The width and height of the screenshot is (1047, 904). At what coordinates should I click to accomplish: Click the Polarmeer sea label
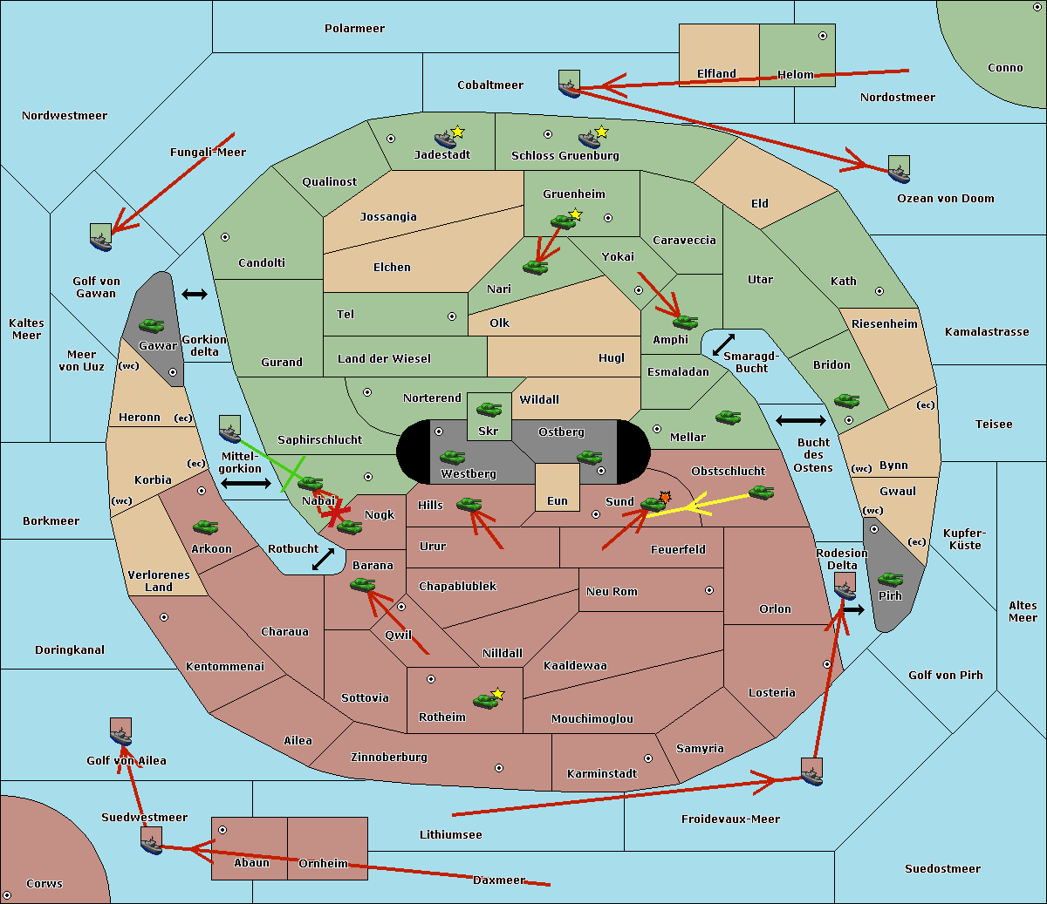click(x=354, y=29)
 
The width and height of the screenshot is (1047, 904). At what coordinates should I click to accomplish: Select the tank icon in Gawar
click(x=152, y=326)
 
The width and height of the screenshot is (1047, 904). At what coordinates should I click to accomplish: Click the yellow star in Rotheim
click(x=498, y=694)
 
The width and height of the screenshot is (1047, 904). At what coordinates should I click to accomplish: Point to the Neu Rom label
click(x=612, y=591)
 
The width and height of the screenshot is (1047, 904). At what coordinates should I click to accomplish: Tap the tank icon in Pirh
click(x=890, y=579)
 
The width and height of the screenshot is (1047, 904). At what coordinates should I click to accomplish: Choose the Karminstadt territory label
click(x=602, y=773)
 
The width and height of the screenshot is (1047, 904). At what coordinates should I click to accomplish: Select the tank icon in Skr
click(x=489, y=408)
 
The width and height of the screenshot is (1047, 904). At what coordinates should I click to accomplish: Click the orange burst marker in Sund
click(x=666, y=497)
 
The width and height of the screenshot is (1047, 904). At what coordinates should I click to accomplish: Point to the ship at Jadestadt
click(x=446, y=139)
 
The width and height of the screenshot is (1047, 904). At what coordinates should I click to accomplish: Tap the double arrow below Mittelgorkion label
click(x=246, y=483)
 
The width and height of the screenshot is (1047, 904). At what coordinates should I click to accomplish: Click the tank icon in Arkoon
click(x=205, y=527)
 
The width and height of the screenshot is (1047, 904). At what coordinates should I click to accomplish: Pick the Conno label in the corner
click(x=1005, y=67)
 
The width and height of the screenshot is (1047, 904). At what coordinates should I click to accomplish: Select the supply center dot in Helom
click(x=822, y=36)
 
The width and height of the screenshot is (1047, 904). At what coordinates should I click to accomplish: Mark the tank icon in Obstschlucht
click(x=761, y=493)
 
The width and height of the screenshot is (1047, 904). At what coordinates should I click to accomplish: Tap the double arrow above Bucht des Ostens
click(x=800, y=421)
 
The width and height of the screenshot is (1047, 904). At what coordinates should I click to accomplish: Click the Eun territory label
click(x=558, y=500)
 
